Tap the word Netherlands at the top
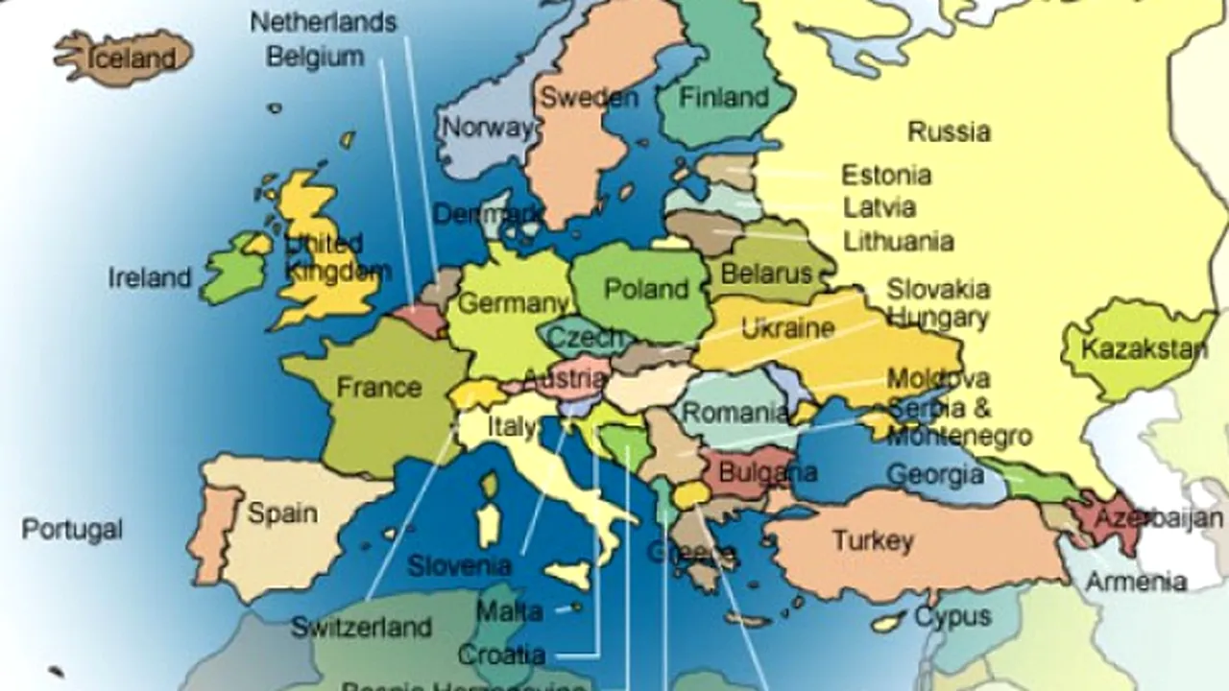[x=324, y=22]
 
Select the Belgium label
[x=315, y=57]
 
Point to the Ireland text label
[x=150, y=278]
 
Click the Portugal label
[x=73, y=529]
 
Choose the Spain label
[x=282, y=512]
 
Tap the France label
[x=379, y=388]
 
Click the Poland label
[x=646, y=288]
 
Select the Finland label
[x=725, y=97]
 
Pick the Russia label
[x=949, y=131]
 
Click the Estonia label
[x=886, y=176]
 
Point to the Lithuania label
[x=899, y=240]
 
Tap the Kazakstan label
[x=1144, y=348]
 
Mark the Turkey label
[x=873, y=540]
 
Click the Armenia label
[x=1136, y=581]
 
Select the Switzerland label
[x=361, y=628]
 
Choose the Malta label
[x=509, y=610]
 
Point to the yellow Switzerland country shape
[x=475, y=394]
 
